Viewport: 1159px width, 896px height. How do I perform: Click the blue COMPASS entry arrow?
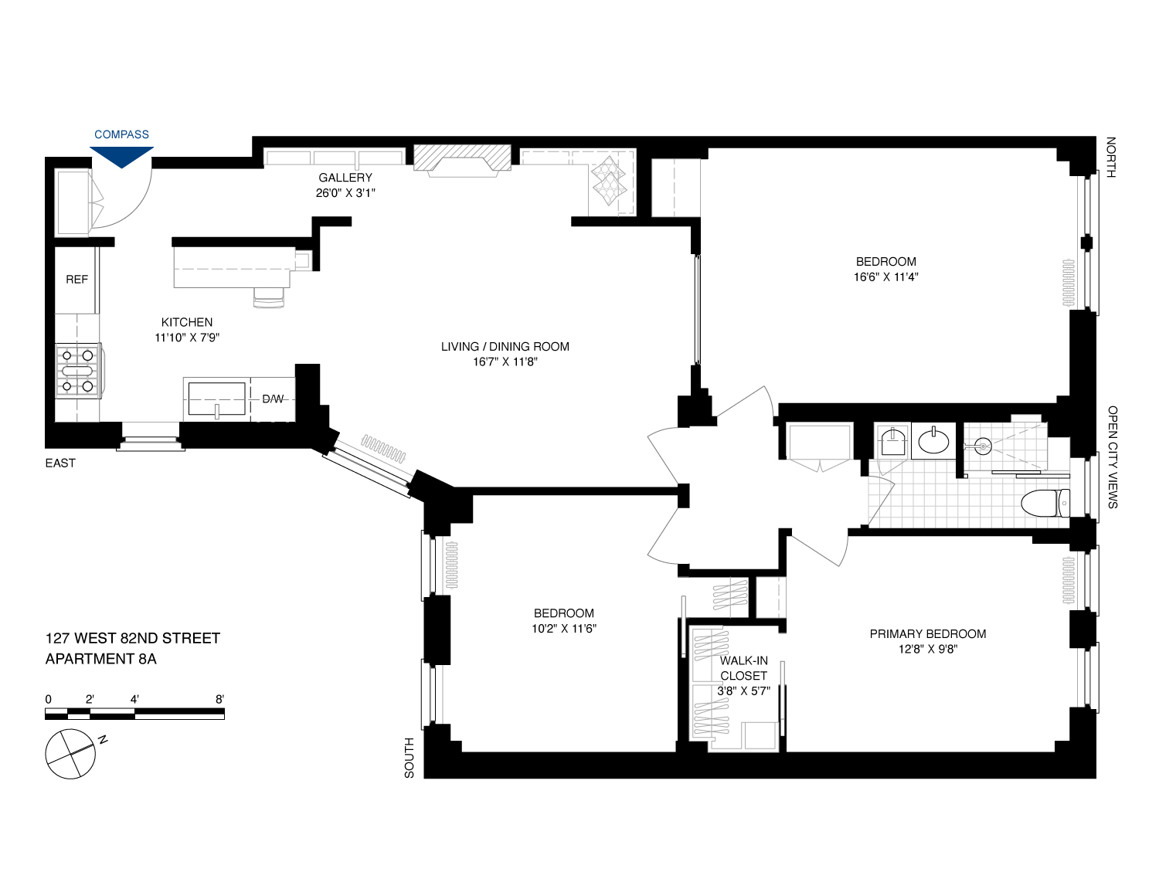click(x=121, y=157)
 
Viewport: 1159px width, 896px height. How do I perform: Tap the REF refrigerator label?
click(x=76, y=280)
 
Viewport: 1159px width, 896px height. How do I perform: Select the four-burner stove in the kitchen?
click(x=78, y=371)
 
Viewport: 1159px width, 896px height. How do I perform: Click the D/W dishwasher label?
click(x=273, y=399)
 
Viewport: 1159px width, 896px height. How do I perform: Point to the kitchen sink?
click(x=217, y=399)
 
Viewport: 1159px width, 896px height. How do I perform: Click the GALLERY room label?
click(x=345, y=178)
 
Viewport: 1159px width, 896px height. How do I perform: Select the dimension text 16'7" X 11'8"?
click(x=505, y=362)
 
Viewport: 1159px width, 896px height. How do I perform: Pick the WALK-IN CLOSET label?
click(x=743, y=668)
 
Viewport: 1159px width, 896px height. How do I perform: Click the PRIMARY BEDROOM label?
click(x=927, y=634)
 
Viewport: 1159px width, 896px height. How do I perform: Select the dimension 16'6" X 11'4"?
click(x=885, y=277)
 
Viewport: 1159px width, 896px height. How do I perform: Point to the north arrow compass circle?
click(x=70, y=753)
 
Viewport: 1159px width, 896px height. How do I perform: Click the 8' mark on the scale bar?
click(x=219, y=700)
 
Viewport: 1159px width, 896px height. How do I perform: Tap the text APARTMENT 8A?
click(x=101, y=659)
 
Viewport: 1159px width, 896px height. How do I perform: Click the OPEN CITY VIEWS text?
click(x=1112, y=456)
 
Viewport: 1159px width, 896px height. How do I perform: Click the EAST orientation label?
click(x=60, y=463)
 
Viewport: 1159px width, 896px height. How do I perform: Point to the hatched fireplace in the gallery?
click(x=462, y=158)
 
